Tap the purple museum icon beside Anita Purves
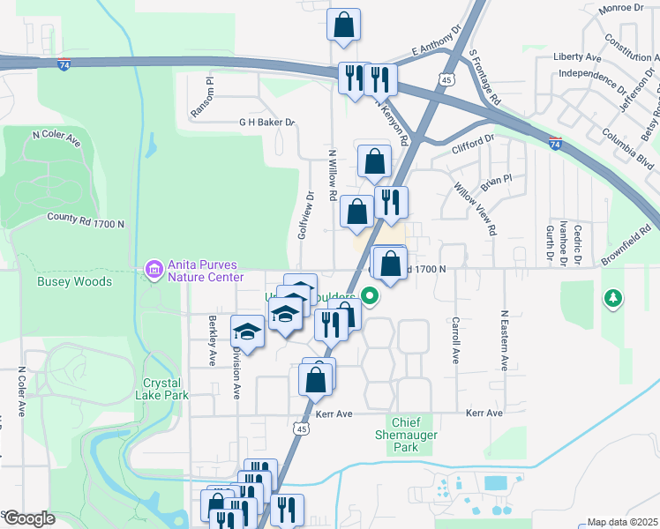[x=154, y=267]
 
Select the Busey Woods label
[x=74, y=282]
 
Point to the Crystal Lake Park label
[x=162, y=390]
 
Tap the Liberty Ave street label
[x=577, y=57]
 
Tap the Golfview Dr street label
[x=305, y=216]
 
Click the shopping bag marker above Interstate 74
[x=343, y=26]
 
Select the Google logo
[x=28, y=518]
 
